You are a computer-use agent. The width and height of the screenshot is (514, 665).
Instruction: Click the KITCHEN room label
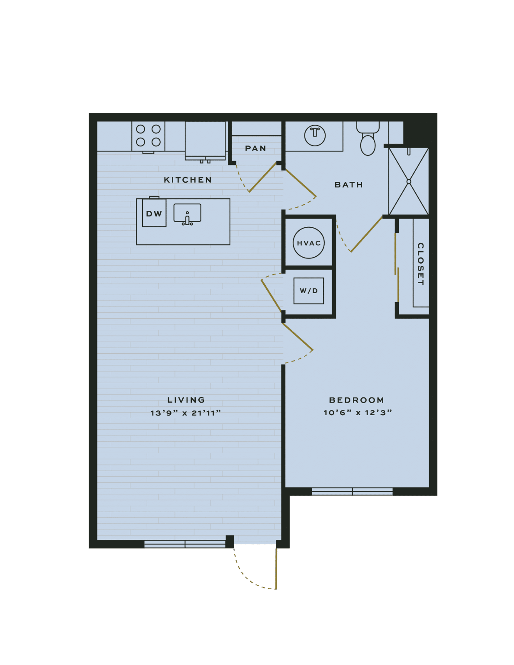pyautogui.click(x=187, y=180)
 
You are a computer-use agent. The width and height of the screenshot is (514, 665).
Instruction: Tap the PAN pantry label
pyautogui.click(x=255, y=148)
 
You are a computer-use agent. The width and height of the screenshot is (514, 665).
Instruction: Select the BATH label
pyautogui.click(x=349, y=185)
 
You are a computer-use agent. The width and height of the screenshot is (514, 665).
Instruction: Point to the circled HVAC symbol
pyautogui.click(x=309, y=243)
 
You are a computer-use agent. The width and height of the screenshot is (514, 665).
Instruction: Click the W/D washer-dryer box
pyautogui.click(x=309, y=291)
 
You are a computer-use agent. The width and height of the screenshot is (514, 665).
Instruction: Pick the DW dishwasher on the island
pyautogui.click(x=154, y=213)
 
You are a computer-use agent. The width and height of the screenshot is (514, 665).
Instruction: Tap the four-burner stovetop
pyautogui.click(x=149, y=136)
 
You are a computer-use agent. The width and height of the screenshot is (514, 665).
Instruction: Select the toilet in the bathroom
pyautogui.click(x=368, y=139)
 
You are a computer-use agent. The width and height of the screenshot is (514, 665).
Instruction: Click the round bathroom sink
pyautogui.click(x=315, y=135)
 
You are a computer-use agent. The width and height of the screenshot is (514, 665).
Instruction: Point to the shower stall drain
pyautogui.click(x=408, y=182)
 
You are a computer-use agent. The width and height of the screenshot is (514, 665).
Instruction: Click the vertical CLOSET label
pyautogui.click(x=420, y=264)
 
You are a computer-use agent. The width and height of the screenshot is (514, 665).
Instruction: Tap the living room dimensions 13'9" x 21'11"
pyautogui.click(x=186, y=413)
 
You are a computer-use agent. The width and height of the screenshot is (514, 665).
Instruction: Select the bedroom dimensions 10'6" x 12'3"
pyautogui.click(x=358, y=413)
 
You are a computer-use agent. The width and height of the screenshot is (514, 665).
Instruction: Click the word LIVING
pyautogui.click(x=186, y=400)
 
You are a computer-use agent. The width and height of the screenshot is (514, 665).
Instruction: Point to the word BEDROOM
pyautogui.click(x=356, y=400)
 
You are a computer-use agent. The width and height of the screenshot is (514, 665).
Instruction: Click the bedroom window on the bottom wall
pyautogui.click(x=352, y=491)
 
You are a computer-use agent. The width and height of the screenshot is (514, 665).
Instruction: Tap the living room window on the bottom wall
pyautogui.click(x=185, y=544)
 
